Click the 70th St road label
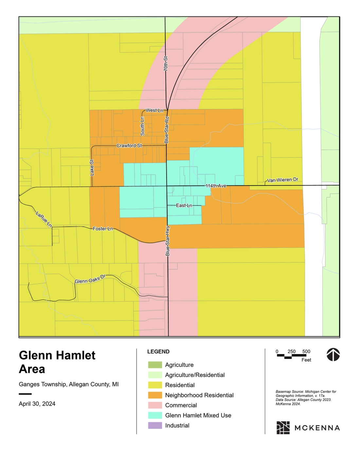coord(166,64)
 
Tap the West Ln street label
coord(154,111)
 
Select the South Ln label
coord(142,126)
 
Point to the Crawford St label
coord(129,146)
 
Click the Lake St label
coord(92,168)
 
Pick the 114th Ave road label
coord(216,186)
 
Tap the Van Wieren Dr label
coord(282,180)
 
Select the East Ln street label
coord(184,206)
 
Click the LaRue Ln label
coord(44,220)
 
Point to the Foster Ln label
coord(103,229)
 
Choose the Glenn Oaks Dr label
coord(90,279)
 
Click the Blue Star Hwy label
coord(168,241)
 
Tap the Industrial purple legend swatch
coord(155,425)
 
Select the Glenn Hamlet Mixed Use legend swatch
coord(155,415)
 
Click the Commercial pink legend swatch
coord(155,405)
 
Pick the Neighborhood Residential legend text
coord(199,395)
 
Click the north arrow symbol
coord(333,354)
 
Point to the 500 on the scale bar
coord(306,351)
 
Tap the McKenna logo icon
coord(283,428)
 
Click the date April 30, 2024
coord(37,404)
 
